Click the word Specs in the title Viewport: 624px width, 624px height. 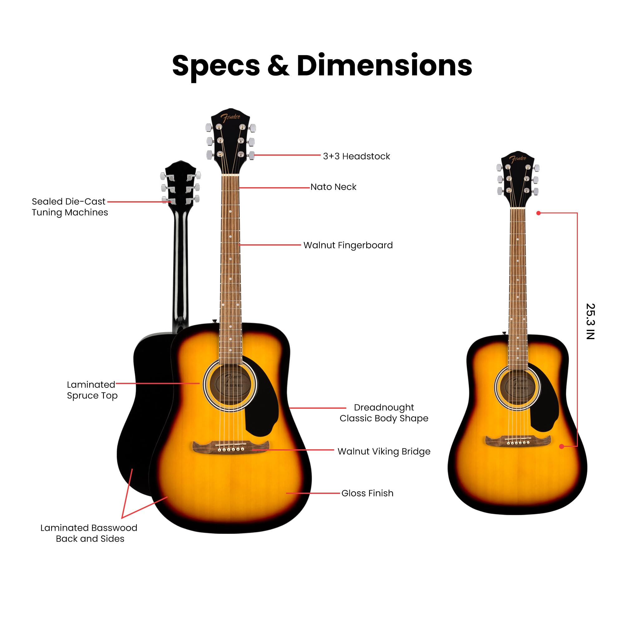216,66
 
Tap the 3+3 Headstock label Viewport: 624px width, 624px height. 356,156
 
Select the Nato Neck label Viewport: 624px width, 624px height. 333,187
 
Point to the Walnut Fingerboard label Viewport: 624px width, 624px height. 348,245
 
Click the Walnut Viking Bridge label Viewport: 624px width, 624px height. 384,451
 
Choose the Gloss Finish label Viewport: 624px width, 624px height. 367,493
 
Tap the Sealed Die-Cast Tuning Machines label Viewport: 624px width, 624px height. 70,207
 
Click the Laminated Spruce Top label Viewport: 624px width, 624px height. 92,390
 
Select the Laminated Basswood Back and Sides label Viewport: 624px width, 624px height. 89,533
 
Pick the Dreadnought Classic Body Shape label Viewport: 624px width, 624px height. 384,413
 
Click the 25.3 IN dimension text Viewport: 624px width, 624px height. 590,321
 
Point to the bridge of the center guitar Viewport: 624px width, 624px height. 230,447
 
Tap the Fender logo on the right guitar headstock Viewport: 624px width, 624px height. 518,159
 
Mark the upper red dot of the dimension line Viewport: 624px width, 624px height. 539,213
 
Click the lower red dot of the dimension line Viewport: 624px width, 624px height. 562,446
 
